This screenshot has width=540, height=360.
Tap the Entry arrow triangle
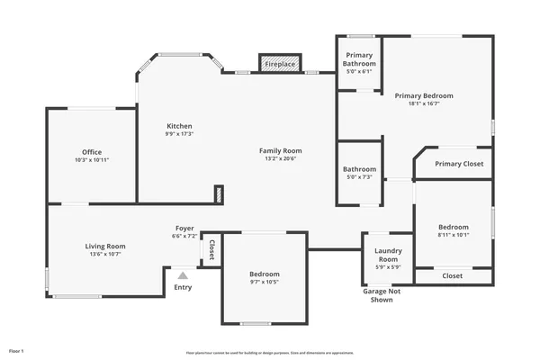coord(183,275)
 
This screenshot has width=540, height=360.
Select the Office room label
coord(92,152)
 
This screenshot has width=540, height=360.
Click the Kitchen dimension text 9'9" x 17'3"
coord(179,134)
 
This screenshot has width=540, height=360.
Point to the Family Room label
coord(280,150)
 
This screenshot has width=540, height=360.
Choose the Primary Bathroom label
coord(359,59)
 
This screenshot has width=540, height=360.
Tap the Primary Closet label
coord(459,164)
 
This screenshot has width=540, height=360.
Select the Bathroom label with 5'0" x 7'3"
coord(359,169)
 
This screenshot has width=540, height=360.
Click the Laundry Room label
coord(388,255)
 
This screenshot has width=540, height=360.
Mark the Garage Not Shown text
coord(382,295)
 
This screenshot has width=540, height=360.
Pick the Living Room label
coord(105,246)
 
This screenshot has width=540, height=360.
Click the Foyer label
coord(184,229)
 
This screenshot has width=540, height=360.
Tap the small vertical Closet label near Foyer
coord(211,249)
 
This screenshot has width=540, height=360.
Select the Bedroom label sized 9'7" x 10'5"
coord(264,274)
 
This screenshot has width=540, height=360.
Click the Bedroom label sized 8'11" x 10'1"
coord(454,227)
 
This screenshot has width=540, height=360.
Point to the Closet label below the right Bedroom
coord(453,275)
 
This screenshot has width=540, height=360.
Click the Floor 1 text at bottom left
coord(16,349)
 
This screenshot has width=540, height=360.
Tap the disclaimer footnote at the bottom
coord(270,353)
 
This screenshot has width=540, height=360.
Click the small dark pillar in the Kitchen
coord(218,193)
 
